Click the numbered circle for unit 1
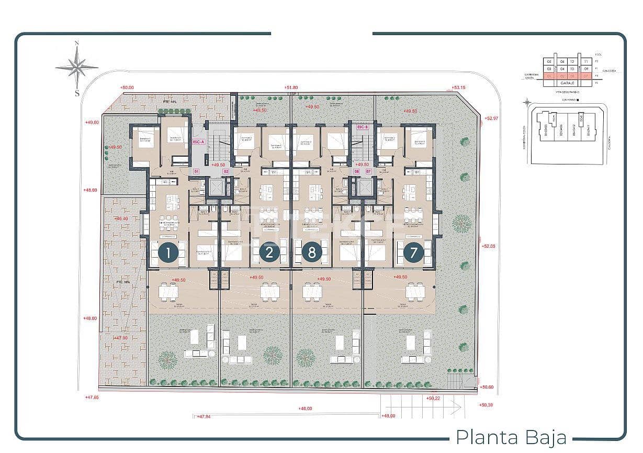point(168,253)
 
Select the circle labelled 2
point(269,253)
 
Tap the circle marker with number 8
point(312,253)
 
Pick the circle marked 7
point(413,253)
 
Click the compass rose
point(77,67)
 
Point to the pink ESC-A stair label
point(198,127)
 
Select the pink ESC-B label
point(363,127)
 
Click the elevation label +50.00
point(127,88)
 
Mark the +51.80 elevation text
point(291,87)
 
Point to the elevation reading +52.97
point(492,118)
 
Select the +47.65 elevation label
point(92,397)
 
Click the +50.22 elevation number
point(434,399)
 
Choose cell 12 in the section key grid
point(572,61)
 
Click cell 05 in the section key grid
point(549,61)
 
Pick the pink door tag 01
point(197,171)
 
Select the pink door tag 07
point(368,171)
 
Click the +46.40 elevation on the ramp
point(121,218)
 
